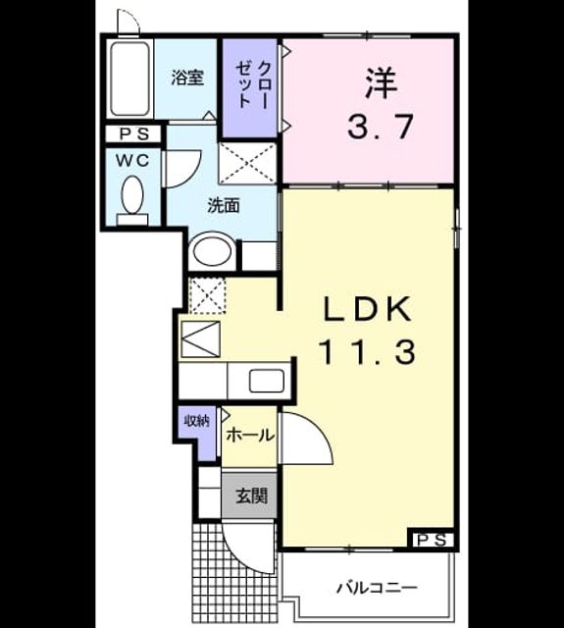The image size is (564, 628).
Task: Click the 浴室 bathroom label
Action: coord(187,78)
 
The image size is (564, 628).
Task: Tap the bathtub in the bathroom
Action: coord(130,78)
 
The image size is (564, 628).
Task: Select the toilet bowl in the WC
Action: coord(132,195)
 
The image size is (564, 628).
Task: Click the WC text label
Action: coord(132,160)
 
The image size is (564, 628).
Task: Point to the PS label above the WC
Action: coord(133,134)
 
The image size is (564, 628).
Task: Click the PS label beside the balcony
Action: coord(432,541)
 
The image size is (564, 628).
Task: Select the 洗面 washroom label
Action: coord(224,206)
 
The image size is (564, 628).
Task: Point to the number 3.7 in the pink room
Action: coord(380,127)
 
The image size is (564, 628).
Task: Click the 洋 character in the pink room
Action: coord(381,83)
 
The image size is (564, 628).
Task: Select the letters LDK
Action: coord(367,310)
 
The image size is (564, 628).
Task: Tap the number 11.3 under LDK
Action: coord(367,351)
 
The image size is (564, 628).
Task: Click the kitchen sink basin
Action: coord(267,382)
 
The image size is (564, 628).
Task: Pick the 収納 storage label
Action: coord(197,421)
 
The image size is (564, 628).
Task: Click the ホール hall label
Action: coord(250,435)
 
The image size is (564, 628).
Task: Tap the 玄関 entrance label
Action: coord(251,496)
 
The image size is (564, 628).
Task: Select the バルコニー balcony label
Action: coord(377,589)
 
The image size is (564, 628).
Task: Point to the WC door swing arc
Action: coord(194,175)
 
